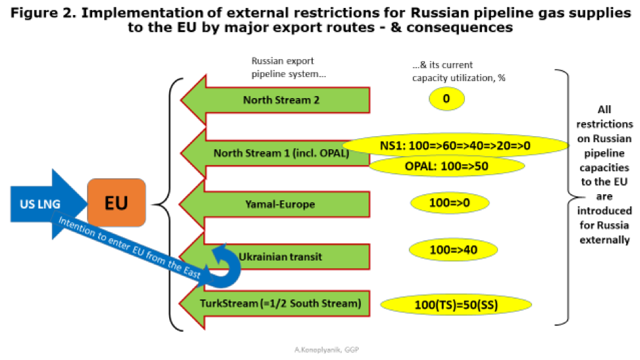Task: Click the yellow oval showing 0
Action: pyautogui.click(x=446, y=99)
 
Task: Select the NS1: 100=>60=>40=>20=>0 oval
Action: pyautogui.click(x=455, y=145)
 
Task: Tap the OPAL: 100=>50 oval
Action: pyautogui.click(x=446, y=166)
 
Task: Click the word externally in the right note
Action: pyautogui.click(x=604, y=240)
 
